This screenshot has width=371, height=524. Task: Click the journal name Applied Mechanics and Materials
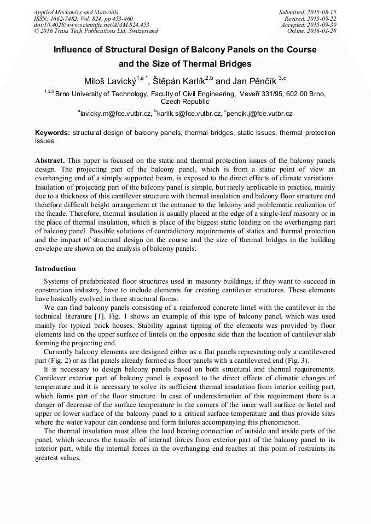tap(76, 12)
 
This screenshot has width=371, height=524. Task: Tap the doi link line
tap(91, 25)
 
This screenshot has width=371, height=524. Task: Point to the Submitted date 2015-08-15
tap(308, 12)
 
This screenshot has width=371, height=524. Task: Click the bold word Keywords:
tap(53, 133)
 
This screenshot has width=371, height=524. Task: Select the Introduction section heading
tap(55, 269)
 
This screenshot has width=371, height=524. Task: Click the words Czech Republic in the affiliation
tap(185, 102)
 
